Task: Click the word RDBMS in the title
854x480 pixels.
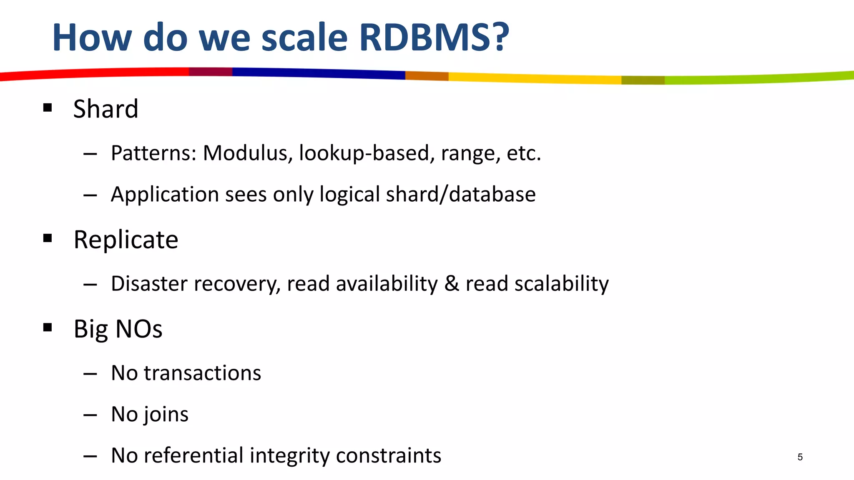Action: [x=434, y=37]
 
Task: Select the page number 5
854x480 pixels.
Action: [x=800, y=457]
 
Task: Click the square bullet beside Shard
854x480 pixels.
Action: [x=48, y=108]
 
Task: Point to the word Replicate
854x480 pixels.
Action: [x=126, y=240]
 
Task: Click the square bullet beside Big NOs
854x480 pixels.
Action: [x=48, y=327]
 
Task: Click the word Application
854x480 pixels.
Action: [x=165, y=195]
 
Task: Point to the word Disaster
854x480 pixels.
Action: [x=153, y=284]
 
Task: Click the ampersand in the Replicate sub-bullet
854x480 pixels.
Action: [x=451, y=284]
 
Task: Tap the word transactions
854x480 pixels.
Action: [x=202, y=373]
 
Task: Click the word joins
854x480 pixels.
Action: [x=166, y=414]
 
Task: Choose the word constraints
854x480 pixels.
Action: [x=388, y=455]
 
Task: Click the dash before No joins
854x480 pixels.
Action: [x=90, y=415]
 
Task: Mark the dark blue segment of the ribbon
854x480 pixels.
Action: [x=317, y=73]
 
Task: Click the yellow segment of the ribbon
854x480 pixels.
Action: [x=534, y=78]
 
